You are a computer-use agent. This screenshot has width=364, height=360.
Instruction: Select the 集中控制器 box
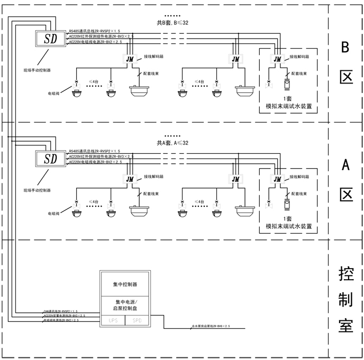[x=125, y=284]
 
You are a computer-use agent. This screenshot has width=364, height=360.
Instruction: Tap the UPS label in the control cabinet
[x=113, y=320]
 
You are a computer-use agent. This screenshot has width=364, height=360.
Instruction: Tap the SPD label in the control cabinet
[x=137, y=320]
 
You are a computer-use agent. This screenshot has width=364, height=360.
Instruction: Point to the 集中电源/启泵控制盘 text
[x=125, y=305]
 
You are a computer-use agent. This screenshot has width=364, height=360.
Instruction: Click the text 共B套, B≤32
[x=172, y=23]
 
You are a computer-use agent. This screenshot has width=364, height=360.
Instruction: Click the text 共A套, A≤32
[x=172, y=143]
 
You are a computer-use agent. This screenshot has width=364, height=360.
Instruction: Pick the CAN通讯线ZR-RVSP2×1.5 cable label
[x=60, y=312]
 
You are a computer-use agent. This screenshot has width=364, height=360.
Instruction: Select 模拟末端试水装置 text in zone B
[x=288, y=106]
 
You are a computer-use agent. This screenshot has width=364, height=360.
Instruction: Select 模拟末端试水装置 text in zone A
[x=288, y=226]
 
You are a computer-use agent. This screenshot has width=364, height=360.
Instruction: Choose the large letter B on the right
[x=345, y=48]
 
